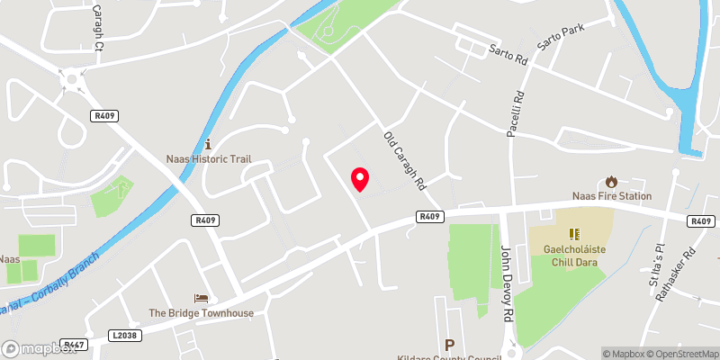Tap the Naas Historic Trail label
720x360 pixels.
point(208,159)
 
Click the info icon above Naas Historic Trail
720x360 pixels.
point(208,143)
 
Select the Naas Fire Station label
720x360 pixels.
point(611,196)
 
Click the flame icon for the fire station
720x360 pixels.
point(612,182)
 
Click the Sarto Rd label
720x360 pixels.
point(508,57)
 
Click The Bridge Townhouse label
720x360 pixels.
point(202,313)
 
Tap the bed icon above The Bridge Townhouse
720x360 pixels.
point(202,298)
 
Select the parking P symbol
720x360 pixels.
point(449,345)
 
